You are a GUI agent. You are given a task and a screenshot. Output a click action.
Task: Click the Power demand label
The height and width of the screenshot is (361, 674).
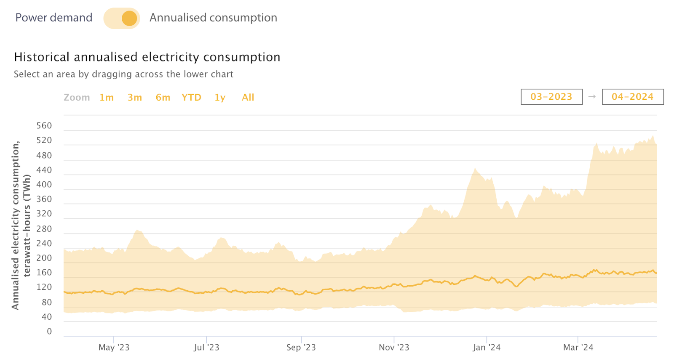tap(53, 18)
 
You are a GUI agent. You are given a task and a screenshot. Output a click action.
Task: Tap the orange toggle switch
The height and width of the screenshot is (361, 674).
tap(122, 18)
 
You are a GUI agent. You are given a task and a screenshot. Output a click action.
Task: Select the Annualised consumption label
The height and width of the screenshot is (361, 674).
tap(213, 18)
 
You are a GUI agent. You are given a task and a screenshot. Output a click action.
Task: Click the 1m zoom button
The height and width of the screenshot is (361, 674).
tap(107, 98)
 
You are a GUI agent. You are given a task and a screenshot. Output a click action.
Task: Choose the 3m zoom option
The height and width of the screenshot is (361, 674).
tap(135, 98)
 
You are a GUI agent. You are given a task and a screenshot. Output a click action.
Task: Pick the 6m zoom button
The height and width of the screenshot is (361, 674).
tap(163, 98)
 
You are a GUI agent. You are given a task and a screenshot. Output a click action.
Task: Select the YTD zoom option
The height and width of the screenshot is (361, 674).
tap(191, 98)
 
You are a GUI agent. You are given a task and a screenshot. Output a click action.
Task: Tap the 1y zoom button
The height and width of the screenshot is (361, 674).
tap(220, 98)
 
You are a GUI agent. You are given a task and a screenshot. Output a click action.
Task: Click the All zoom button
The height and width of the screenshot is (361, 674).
tap(248, 98)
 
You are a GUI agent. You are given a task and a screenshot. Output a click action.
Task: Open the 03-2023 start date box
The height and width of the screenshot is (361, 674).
tap(551, 97)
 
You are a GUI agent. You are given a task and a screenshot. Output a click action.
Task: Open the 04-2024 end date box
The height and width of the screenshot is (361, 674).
tap(633, 97)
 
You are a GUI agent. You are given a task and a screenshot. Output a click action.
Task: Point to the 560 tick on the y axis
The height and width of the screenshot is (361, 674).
tap(44, 126)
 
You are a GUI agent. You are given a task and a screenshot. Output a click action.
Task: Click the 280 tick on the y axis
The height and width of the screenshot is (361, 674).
tap(44, 229)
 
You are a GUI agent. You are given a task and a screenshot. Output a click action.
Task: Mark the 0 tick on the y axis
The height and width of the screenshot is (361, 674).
tap(49, 332)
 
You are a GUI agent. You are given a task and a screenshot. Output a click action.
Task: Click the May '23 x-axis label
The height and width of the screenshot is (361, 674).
tap(114, 348)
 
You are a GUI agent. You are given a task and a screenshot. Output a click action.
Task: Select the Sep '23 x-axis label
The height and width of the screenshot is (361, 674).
tap(301, 348)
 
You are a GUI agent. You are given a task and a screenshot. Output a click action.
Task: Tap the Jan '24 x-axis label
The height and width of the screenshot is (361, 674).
tap(487, 348)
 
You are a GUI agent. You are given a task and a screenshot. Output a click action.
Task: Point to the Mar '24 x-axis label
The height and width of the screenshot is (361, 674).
tap(578, 348)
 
